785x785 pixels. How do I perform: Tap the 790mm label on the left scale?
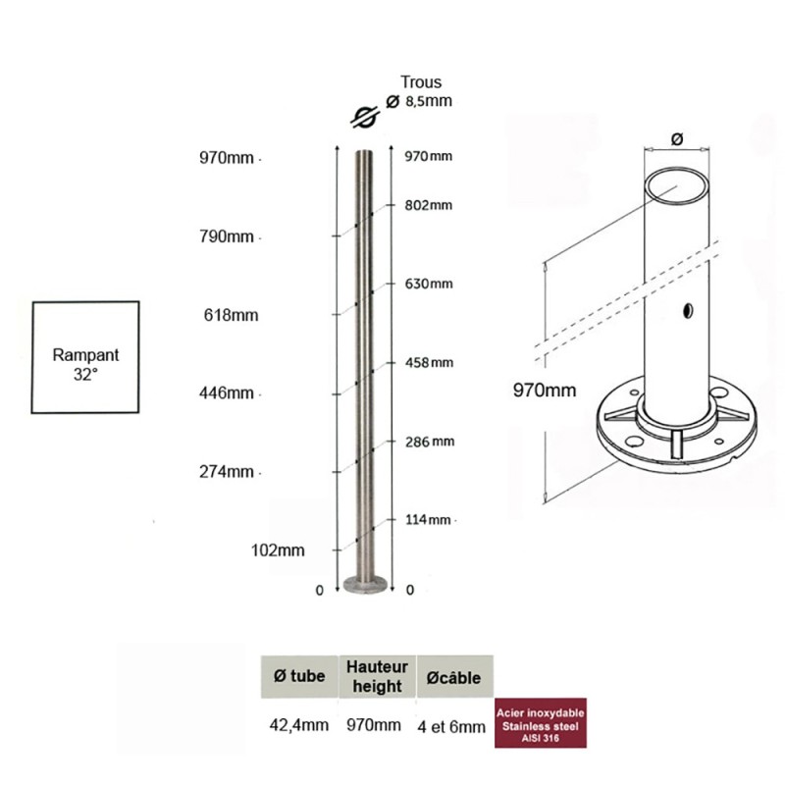click(x=227, y=236)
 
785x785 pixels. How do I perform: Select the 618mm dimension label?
click(x=231, y=315)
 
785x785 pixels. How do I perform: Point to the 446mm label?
click(x=227, y=393)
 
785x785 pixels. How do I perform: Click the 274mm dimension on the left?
click(x=227, y=472)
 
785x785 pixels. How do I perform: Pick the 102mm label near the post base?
click(x=278, y=550)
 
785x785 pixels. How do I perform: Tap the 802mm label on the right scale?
click(x=429, y=205)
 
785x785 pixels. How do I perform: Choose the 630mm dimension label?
click(x=429, y=284)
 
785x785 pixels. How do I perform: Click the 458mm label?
click(x=429, y=362)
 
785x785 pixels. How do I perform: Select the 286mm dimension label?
click(x=430, y=442)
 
